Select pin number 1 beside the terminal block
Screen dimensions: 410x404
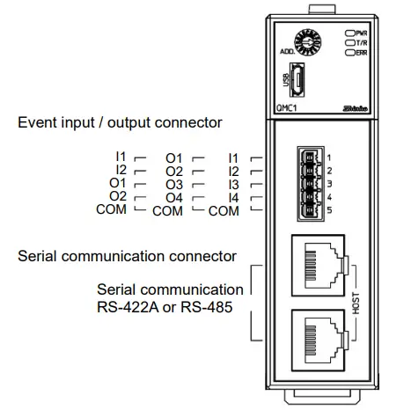(x=327, y=157)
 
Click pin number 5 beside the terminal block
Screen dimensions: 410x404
(x=327, y=209)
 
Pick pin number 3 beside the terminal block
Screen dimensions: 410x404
(x=327, y=183)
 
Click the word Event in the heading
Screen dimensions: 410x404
(x=36, y=122)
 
